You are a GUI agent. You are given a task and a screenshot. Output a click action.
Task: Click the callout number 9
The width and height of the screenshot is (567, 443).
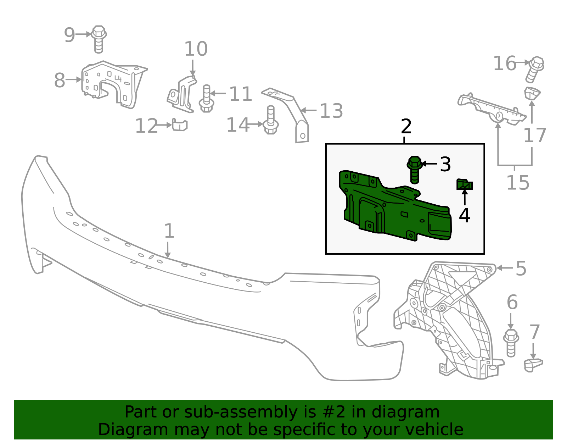click(x=69, y=35)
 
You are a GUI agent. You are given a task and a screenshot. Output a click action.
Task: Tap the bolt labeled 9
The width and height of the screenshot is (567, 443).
click(x=99, y=39)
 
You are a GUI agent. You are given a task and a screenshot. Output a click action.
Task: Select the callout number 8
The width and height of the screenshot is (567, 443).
click(x=60, y=81)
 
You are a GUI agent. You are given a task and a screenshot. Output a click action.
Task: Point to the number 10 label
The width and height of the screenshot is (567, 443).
click(x=196, y=49)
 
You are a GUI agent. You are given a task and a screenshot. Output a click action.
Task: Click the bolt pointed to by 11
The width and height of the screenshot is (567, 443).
click(x=206, y=99)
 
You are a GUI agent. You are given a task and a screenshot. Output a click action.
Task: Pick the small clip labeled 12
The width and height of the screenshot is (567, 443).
click(x=180, y=124)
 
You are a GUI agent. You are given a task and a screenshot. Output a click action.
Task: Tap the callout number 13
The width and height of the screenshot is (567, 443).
click(x=331, y=111)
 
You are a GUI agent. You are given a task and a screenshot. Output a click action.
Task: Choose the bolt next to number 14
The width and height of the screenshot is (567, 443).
click(x=271, y=120)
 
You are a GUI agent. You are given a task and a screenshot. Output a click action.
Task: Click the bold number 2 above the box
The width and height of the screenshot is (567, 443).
click(x=406, y=126)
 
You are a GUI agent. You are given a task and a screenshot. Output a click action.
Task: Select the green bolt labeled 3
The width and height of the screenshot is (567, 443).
click(x=415, y=170)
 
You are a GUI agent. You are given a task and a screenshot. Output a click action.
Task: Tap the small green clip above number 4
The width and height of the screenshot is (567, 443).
click(x=465, y=184)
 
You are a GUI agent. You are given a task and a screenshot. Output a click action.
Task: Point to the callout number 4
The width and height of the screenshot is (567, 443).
click(x=465, y=215)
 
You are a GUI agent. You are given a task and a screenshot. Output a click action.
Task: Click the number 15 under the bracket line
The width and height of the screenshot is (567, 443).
click(x=518, y=182)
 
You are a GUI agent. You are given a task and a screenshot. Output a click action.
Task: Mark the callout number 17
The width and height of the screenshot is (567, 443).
click(x=535, y=135)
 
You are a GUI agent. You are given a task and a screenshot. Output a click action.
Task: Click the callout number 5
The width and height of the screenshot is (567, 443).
click(x=521, y=268)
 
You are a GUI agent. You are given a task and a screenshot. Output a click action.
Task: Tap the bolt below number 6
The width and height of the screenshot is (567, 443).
click(x=511, y=343)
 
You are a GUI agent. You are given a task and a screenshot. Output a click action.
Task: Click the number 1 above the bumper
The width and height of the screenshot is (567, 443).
click(x=169, y=231)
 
